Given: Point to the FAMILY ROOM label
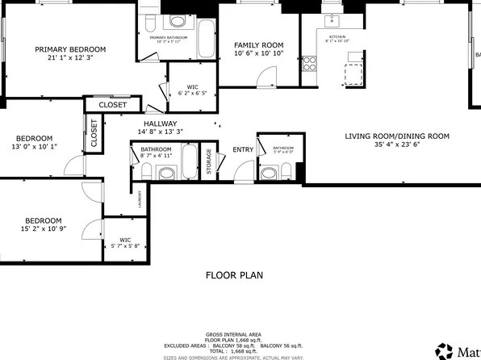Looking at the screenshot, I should (259, 44).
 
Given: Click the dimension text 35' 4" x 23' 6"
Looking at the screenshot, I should (397, 146).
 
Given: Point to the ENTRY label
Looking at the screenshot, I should (243, 149).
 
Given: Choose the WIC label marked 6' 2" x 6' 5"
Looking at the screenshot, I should (192, 90).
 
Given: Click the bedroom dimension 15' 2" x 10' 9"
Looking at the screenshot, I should (43, 230).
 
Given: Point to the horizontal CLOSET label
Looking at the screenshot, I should (112, 105).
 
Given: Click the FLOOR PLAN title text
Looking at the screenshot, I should (234, 275).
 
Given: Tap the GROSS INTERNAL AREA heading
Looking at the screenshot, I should (234, 333).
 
